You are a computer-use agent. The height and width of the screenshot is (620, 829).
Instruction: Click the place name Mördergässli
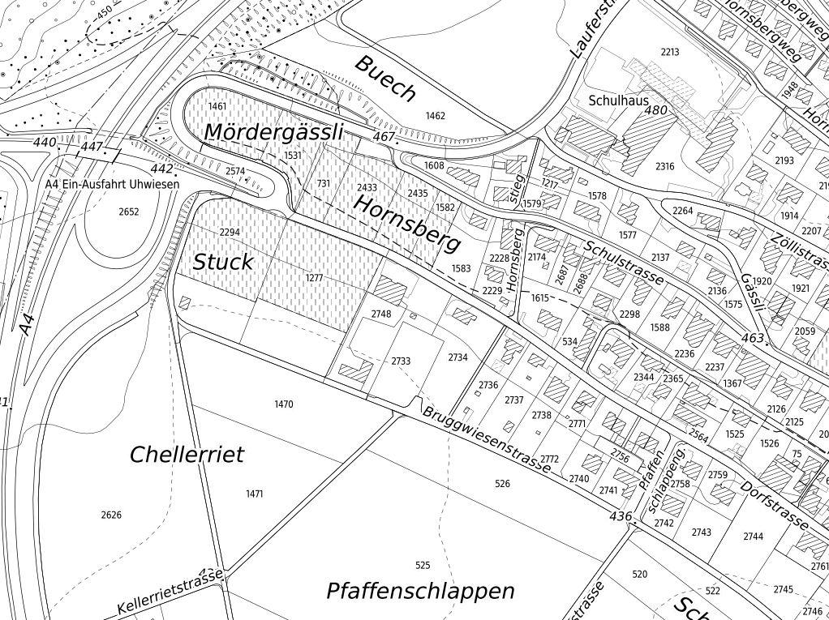(x=273, y=131)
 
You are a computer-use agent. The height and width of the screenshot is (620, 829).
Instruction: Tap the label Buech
(x=385, y=78)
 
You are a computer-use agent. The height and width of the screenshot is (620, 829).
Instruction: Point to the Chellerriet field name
(x=187, y=454)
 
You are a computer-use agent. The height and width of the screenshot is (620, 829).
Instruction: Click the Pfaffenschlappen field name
(x=420, y=591)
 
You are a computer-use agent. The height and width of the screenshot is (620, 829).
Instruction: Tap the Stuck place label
(x=223, y=262)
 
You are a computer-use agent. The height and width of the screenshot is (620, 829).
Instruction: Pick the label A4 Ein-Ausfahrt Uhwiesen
(x=112, y=185)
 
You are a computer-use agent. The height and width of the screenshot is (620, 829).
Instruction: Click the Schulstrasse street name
(x=624, y=262)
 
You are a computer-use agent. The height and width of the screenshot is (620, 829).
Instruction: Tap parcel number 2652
(x=129, y=212)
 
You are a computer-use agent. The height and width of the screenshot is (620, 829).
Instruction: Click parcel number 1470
(x=284, y=404)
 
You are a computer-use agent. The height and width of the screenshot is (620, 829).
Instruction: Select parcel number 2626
(x=111, y=515)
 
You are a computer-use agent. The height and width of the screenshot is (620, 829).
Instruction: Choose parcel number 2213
(x=669, y=53)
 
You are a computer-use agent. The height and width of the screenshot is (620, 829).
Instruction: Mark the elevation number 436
(x=621, y=516)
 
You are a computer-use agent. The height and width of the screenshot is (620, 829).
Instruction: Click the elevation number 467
(x=384, y=137)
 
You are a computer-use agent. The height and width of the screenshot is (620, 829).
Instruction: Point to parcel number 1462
(x=436, y=116)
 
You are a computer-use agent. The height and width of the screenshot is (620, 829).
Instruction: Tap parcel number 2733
(x=401, y=361)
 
